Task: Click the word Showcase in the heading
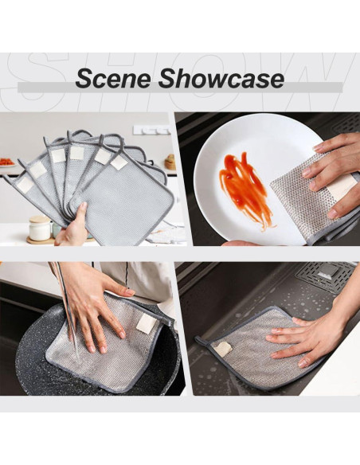point(221,79)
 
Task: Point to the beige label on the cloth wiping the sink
point(223,349)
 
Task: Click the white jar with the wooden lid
point(40,228)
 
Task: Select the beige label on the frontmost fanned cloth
point(119,162)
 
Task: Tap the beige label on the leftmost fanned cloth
point(25,185)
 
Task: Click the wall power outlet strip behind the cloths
point(151,130)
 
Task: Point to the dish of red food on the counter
point(7,162)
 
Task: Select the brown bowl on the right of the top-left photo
point(170,162)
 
